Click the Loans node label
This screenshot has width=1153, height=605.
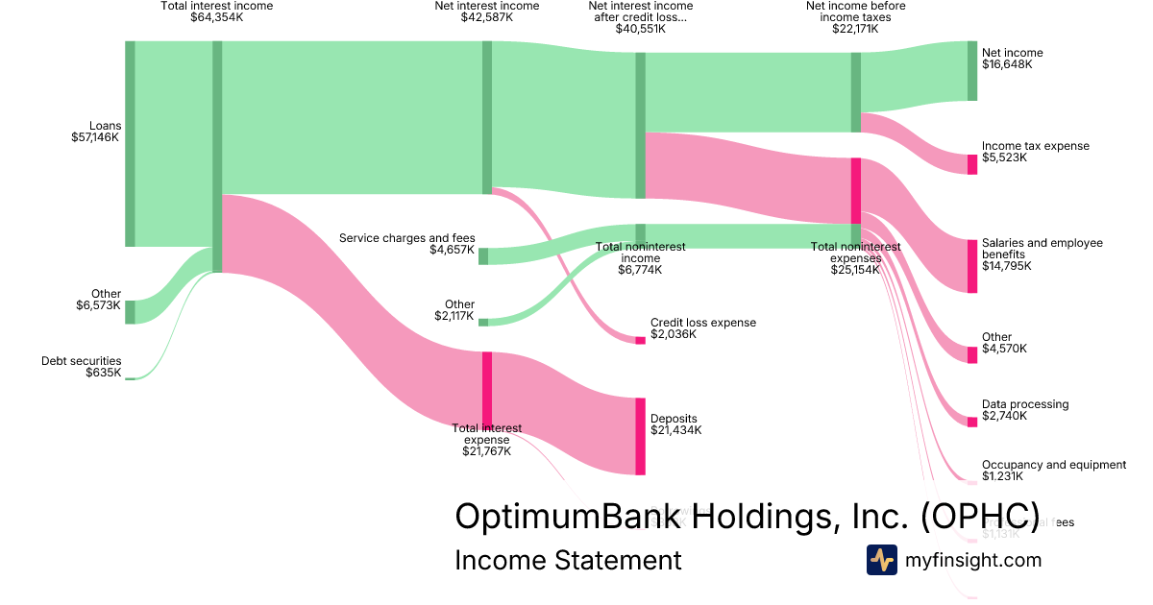click(x=104, y=126)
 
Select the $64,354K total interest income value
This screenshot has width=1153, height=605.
click(x=217, y=17)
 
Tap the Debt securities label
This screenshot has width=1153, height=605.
click(x=81, y=361)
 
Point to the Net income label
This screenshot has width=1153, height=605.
click(x=1012, y=53)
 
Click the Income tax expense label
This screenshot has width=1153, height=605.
click(x=1036, y=146)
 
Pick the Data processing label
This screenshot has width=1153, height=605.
click(x=1024, y=404)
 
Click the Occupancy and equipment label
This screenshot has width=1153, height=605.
click(x=1053, y=465)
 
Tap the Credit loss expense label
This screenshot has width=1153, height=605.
click(x=702, y=323)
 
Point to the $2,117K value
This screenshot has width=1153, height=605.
click(x=454, y=316)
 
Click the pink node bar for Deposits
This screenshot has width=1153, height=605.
click(x=640, y=436)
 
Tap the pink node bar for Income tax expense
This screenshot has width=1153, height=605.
click(x=972, y=164)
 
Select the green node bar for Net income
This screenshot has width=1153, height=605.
click(x=972, y=70)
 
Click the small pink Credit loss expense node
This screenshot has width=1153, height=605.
click(x=640, y=340)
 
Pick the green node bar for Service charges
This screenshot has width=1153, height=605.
click(x=483, y=256)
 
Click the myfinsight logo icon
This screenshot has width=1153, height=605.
click(x=881, y=560)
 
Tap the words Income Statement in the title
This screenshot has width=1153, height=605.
click(x=568, y=560)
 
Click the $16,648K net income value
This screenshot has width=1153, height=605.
click(x=1007, y=64)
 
